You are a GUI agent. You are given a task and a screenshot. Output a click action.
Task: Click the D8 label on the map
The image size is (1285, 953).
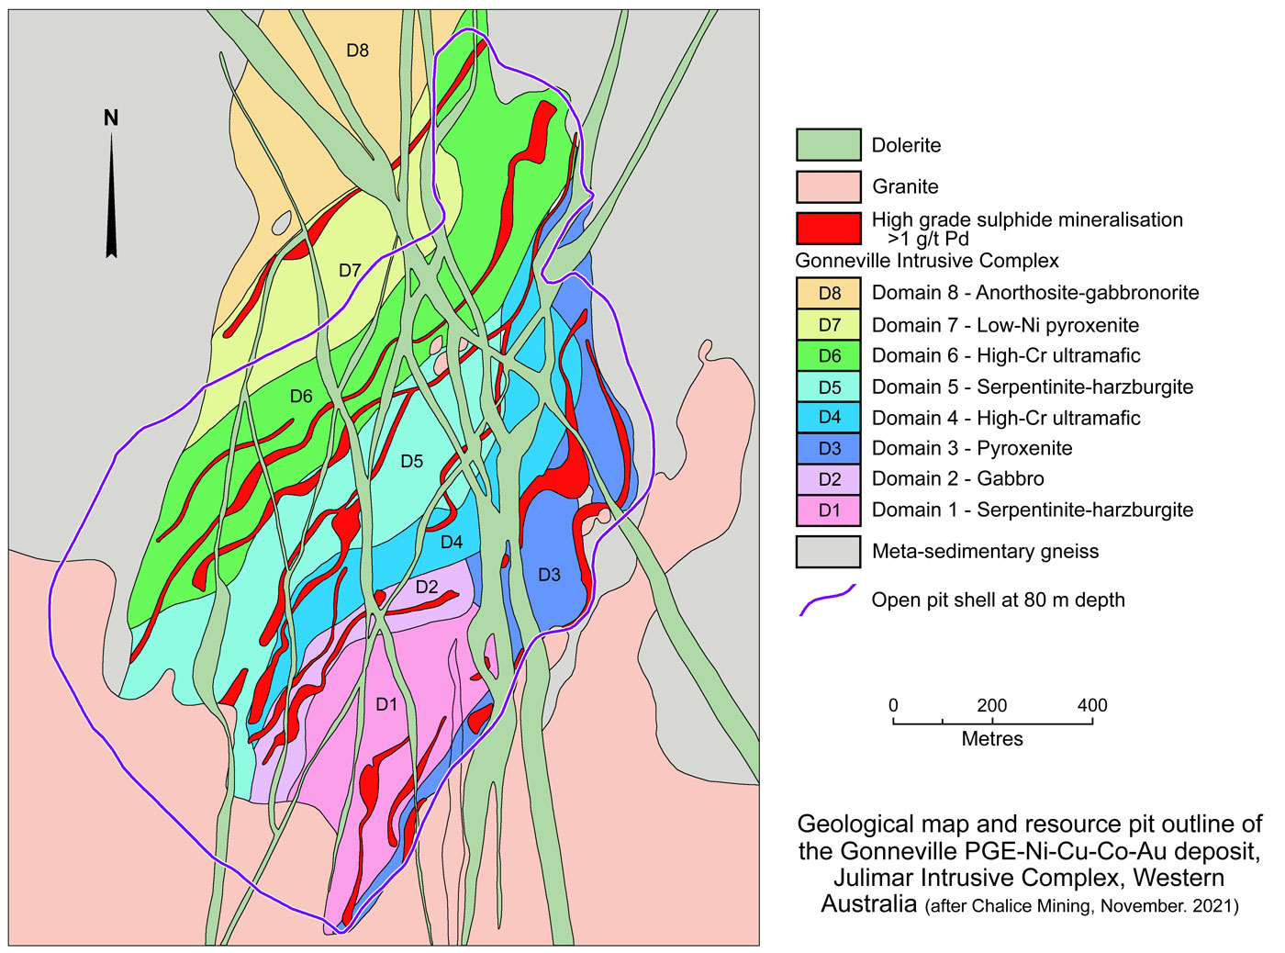pos(357,50)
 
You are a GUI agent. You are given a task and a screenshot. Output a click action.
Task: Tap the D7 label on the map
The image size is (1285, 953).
pos(350,270)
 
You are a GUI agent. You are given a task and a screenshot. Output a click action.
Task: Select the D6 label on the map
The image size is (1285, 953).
pos(301,397)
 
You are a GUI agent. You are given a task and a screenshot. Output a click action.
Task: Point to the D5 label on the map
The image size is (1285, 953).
pos(412,461)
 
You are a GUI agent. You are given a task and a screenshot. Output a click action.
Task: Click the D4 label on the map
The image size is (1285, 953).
pos(452,542)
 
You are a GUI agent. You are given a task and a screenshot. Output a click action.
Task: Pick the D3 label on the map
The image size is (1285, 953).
pos(549,575)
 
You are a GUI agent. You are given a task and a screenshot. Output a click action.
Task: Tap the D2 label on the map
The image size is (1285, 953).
pos(427,587)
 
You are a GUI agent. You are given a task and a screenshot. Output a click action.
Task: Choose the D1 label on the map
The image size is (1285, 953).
pos(386,704)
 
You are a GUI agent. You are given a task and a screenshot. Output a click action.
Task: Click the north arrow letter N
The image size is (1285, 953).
pos(111,118)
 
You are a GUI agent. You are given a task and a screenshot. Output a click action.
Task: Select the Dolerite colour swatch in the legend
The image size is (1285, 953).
pos(828,145)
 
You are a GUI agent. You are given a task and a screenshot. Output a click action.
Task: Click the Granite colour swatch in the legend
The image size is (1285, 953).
pos(828,186)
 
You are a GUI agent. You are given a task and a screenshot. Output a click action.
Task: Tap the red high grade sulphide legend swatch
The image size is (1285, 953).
pos(828,228)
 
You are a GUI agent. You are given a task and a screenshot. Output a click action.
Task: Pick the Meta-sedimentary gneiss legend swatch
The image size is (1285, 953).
pos(828,551)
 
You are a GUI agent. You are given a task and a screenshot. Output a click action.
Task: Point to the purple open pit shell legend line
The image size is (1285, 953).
pos(828,600)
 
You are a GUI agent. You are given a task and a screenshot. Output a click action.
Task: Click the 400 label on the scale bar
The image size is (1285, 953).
pos(1091,705)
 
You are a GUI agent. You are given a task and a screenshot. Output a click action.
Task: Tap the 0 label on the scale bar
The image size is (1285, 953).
pos(893,705)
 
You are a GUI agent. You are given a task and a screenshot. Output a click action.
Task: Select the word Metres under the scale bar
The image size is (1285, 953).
pos(992,739)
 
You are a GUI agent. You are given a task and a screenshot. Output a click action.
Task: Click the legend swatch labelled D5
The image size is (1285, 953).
pos(828,387)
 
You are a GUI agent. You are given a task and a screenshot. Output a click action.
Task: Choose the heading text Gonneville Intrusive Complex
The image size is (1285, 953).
pos(927,261)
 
